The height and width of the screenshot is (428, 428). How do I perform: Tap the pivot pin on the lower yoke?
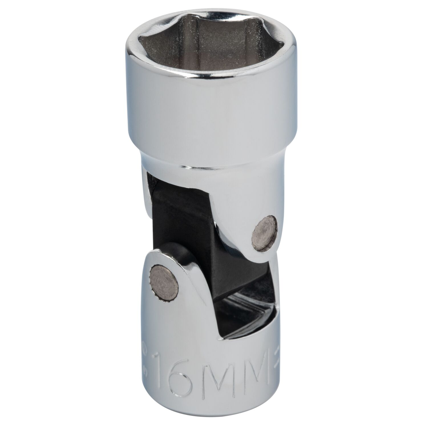coord(164,283)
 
